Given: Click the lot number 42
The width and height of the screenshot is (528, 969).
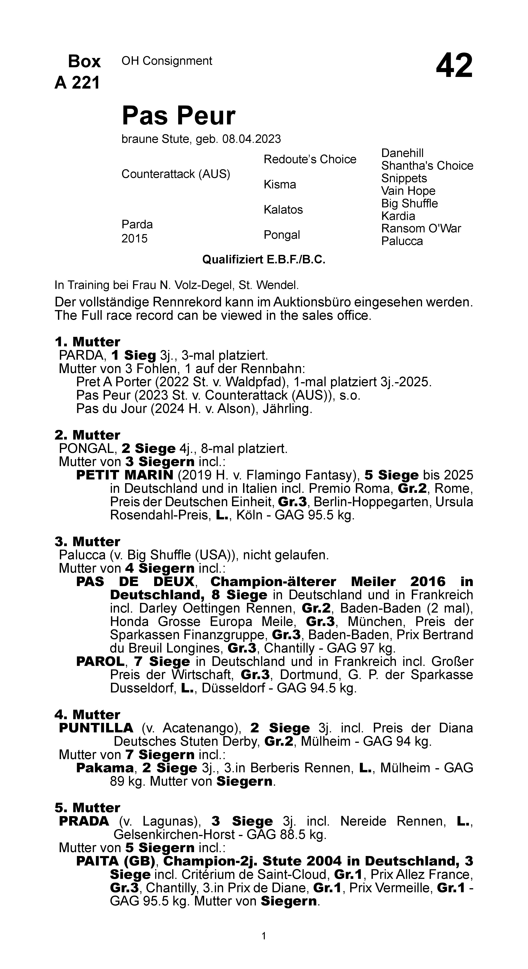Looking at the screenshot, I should coord(454,66).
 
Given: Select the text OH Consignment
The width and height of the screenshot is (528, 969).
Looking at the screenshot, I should coord(167,61).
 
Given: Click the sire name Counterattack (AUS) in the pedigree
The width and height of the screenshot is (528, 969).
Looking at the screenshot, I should coord(176,174).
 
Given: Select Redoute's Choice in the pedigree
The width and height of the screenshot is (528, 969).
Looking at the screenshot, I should coord(310,159).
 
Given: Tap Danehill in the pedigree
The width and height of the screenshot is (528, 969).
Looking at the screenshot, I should coord(402,153).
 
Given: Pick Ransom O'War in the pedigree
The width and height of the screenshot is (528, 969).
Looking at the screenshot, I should coord(421,228).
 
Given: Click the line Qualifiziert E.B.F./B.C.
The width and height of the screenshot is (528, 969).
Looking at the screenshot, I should coord(264,259).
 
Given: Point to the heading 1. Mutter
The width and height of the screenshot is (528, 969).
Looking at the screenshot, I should coord(87,342).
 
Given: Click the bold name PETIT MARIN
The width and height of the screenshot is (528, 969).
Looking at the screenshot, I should coord(125,475).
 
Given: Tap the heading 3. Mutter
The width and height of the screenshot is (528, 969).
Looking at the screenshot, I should coord(87,542).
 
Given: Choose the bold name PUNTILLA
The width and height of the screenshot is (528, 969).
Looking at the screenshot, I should coord(96,728).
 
